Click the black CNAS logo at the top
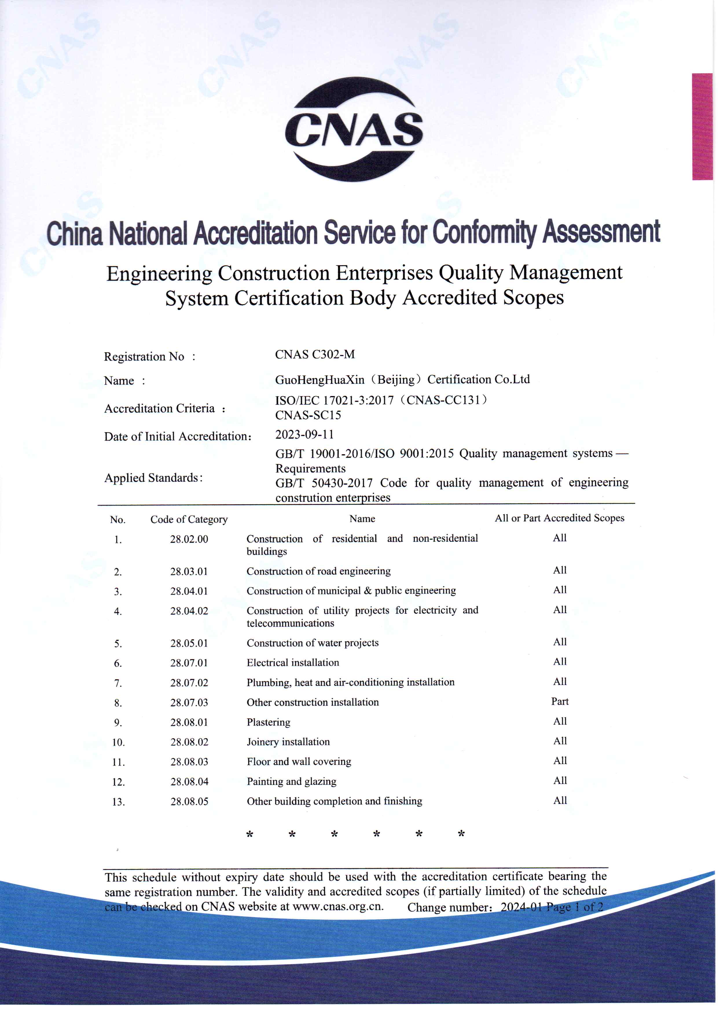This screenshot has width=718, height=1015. [x=354, y=129]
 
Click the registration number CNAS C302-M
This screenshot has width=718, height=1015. [x=315, y=354]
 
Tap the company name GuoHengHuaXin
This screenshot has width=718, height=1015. [x=320, y=380]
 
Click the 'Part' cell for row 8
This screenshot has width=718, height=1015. [x=560, y=701]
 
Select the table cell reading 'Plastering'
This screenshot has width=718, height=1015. [x=268, y=722]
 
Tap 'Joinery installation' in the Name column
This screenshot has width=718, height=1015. [x=288, y=742]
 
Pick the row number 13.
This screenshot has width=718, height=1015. [x=118, y=802]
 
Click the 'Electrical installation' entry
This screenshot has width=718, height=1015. [x=293, y=662]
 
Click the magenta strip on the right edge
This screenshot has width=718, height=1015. [x=702, y=127]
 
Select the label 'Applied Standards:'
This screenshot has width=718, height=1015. [x=153, y=478]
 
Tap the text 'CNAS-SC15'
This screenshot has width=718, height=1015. [x=308, y=415]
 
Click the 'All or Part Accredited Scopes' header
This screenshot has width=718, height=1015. [x=559, y=518]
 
